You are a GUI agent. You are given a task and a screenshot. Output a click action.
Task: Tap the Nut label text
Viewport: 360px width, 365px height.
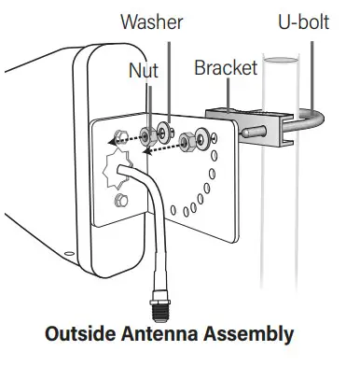(143, 69)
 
